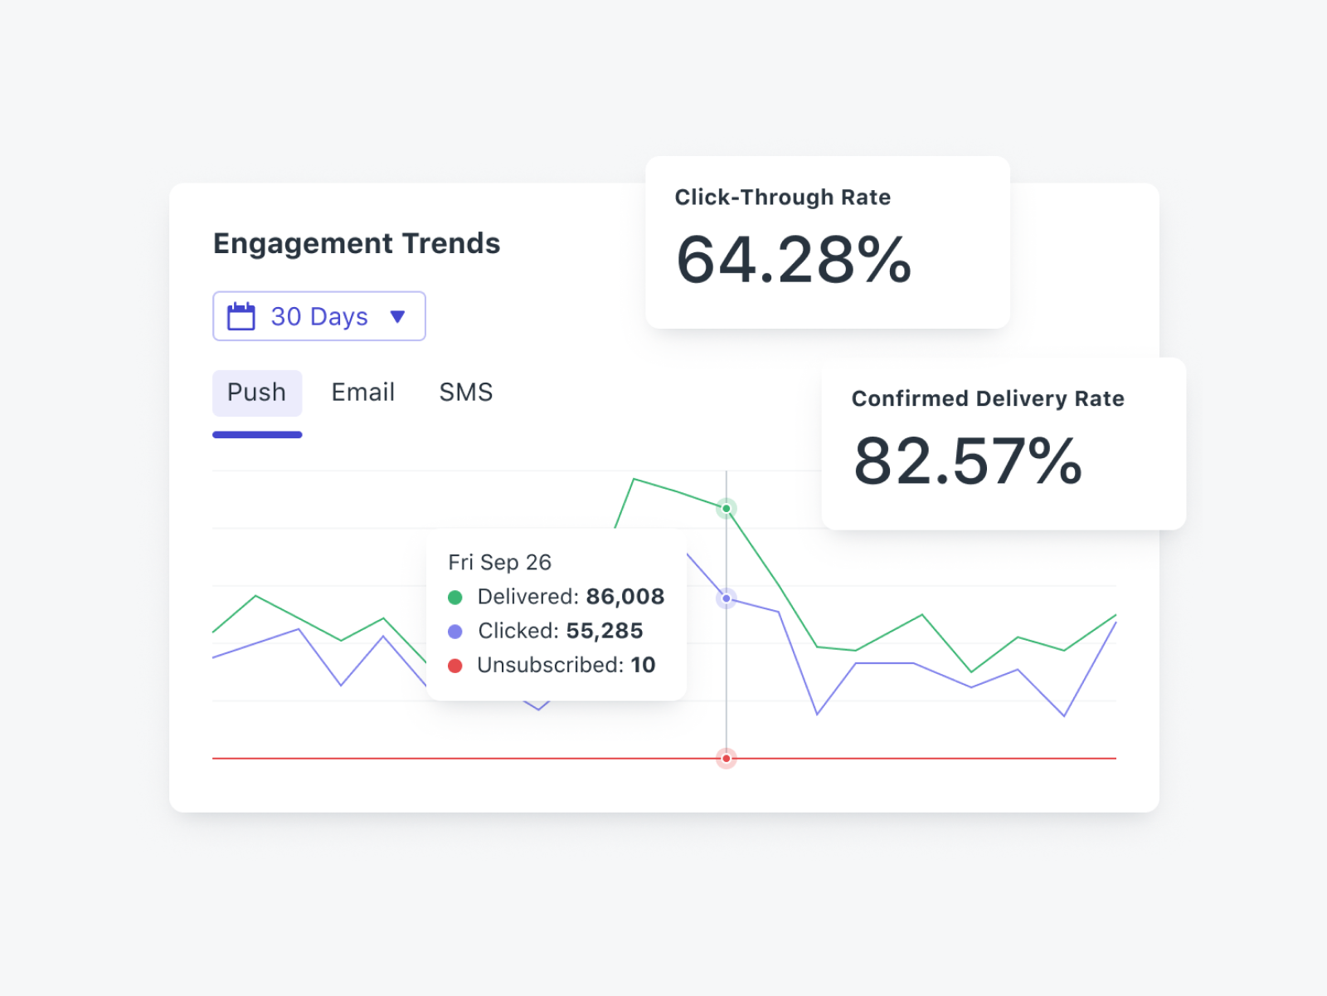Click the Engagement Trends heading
pos(357,243)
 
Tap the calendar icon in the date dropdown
pos(241,316)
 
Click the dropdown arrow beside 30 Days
pos(397,316)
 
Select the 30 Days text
pos(319,316)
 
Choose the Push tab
pos(257,393)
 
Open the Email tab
pos(363,393)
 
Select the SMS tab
pos(466,393)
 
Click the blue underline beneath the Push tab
pos(257,434)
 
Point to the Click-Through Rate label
pos(782,198)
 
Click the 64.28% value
pos(794,261)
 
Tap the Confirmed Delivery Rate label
pos(988,399)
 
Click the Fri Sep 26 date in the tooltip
pos(500,563)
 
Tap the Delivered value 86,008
pos(625,597)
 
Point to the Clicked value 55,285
pos(605,631)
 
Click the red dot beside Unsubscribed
pos(455,666)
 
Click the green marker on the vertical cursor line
pos(727,508)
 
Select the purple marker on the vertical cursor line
pos(727,598)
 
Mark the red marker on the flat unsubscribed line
pos(727,759)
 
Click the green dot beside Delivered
pos(455,598)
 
